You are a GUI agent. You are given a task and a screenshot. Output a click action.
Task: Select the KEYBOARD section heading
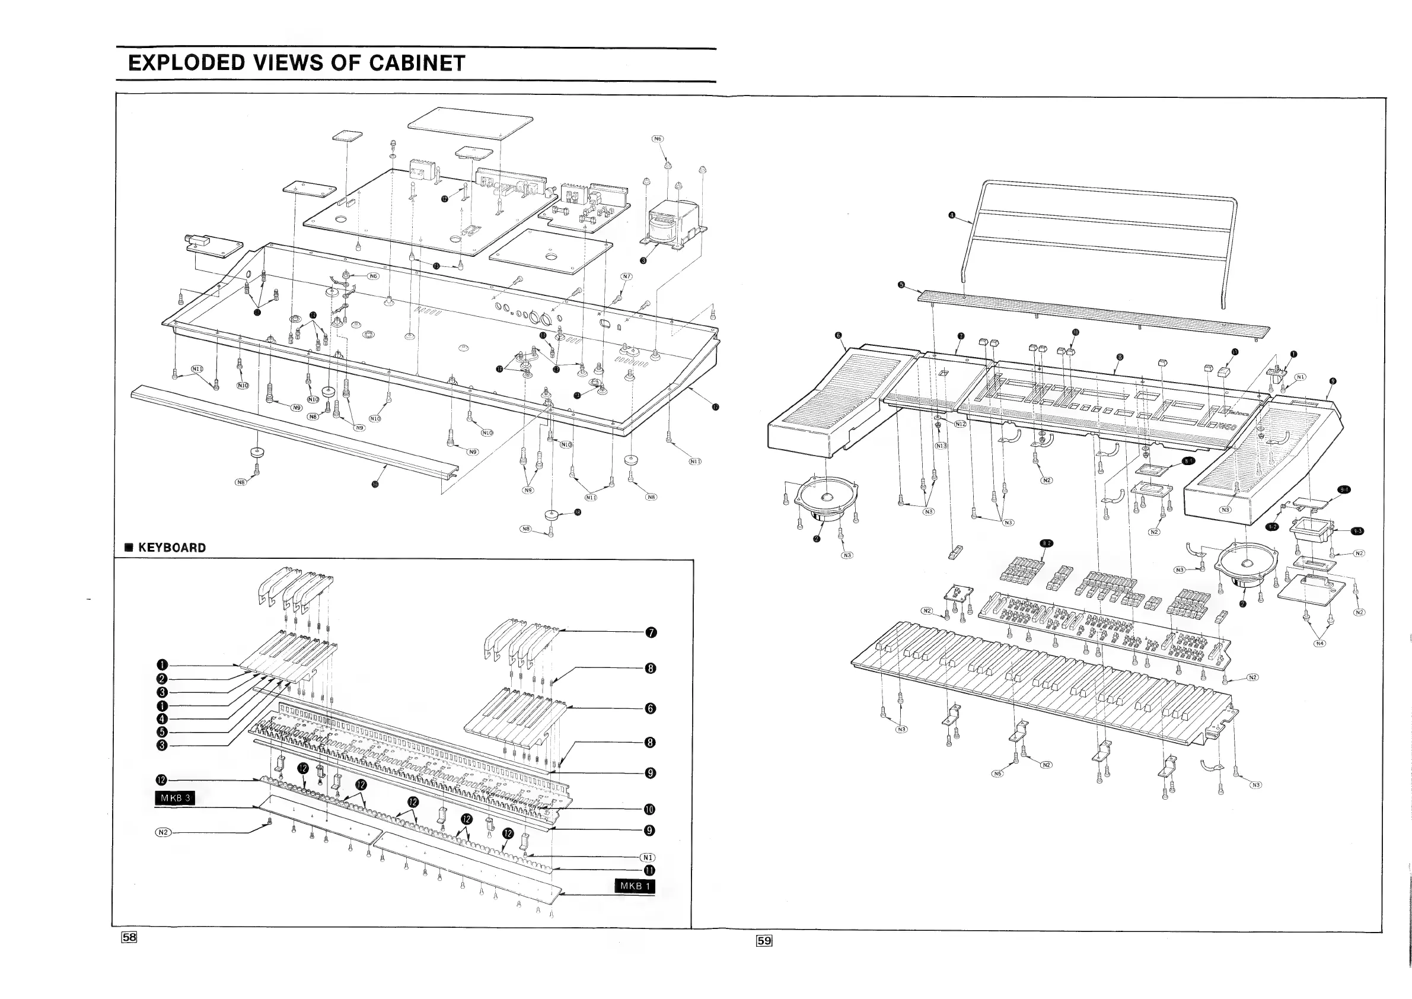click(171, 548)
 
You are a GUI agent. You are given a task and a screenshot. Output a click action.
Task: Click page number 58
click(129, 937)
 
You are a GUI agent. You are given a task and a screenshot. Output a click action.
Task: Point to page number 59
click(764, 940)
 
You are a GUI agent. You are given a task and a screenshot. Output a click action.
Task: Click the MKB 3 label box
click(176, 798)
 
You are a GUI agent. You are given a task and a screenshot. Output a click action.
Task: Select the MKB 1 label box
click(635, 886)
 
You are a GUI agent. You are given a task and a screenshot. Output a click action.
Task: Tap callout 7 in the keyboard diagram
click(651, 632)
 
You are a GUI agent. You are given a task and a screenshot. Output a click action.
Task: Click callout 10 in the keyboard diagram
click(649, 809)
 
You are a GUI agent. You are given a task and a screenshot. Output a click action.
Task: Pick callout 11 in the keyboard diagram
click(649, 870)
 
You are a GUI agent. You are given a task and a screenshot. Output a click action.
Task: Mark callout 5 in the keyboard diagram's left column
click(162, 732)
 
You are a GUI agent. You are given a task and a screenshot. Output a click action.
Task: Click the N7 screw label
click(626, 277)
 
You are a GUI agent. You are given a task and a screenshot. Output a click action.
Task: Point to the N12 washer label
click(960, 424)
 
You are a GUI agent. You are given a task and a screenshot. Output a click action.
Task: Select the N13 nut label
click(941, 446)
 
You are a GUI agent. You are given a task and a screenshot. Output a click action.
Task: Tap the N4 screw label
click(1319, 644)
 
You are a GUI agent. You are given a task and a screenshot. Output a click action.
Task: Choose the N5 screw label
click(997, 773)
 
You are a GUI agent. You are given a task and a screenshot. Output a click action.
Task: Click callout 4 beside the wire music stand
click(952, 215)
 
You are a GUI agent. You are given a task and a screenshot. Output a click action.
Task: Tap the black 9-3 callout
click(1357, 531)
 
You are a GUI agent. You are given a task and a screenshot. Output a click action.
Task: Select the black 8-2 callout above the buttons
click(1046, 543)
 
